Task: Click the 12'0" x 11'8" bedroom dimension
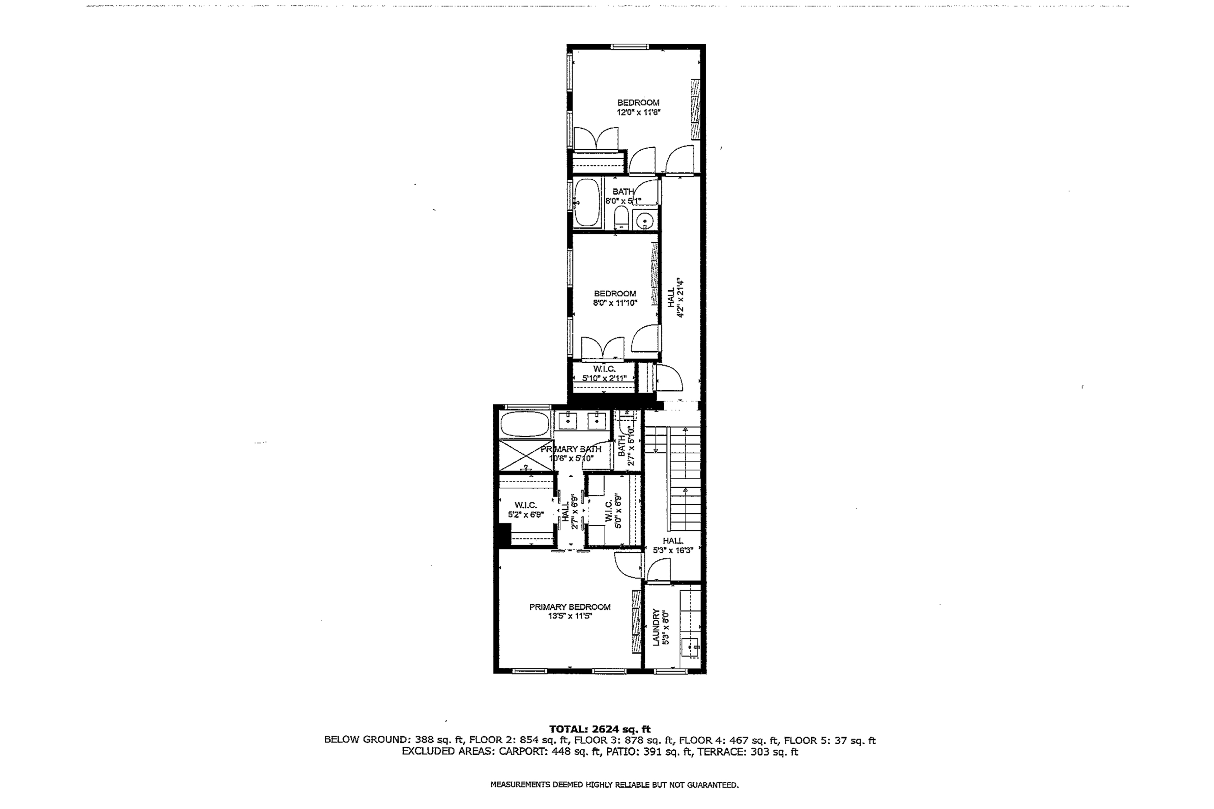pos(638,112)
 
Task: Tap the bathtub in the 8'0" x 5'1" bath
pos(587,203)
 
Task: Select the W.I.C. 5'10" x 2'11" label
pos(604,373)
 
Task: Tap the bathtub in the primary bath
pos(524,424)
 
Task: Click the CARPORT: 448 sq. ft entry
pos(550,752)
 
